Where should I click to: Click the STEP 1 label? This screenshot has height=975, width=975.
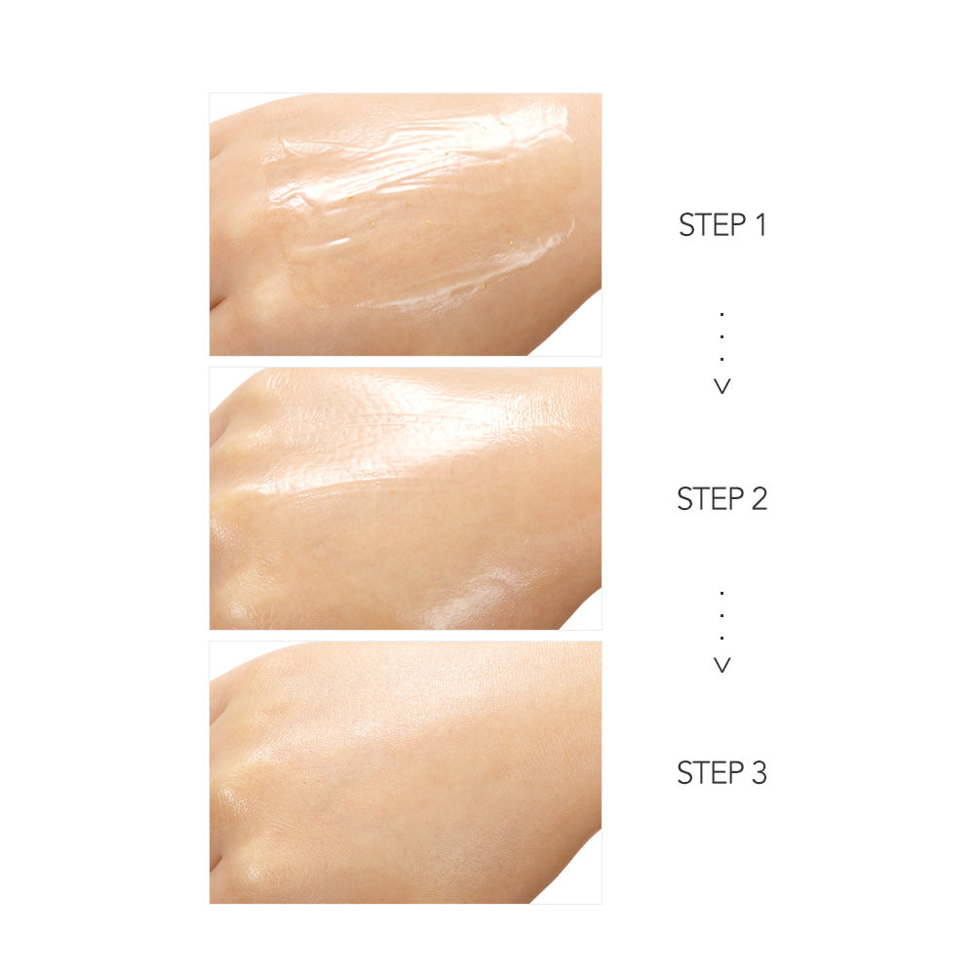click(721, 224)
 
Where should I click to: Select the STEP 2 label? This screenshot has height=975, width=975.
click(721, 498)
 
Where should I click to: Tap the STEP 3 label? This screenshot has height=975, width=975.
click(721, 773)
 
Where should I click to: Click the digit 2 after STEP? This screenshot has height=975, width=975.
click(760, 498)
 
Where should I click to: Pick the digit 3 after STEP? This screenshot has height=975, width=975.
click(760, 773)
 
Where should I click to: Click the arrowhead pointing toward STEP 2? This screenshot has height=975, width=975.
click(721, 386)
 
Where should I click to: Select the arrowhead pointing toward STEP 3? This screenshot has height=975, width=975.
click(721, 665)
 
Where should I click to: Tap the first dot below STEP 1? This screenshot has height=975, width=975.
click(721, 315)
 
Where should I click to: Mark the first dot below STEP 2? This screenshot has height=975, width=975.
click(721, 593)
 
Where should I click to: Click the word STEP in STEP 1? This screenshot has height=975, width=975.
click(712, 224)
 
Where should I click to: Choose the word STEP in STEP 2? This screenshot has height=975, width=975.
click(710, 498)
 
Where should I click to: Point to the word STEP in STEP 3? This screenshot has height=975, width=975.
click(710, 773)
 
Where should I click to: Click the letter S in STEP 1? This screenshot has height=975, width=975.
click(686, 224)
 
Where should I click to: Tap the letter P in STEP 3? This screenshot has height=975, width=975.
click(736, 773)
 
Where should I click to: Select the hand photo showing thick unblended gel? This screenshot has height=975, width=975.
click(406, 224)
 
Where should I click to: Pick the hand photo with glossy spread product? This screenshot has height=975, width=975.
click(406, 498)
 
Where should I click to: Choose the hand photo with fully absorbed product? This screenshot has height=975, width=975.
click(406, 773)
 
